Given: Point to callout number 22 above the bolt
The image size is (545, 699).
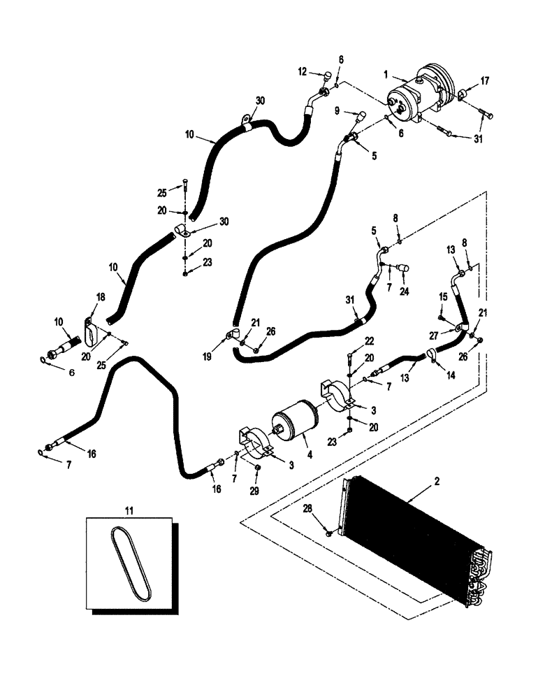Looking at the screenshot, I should click(x=370, y=340).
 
